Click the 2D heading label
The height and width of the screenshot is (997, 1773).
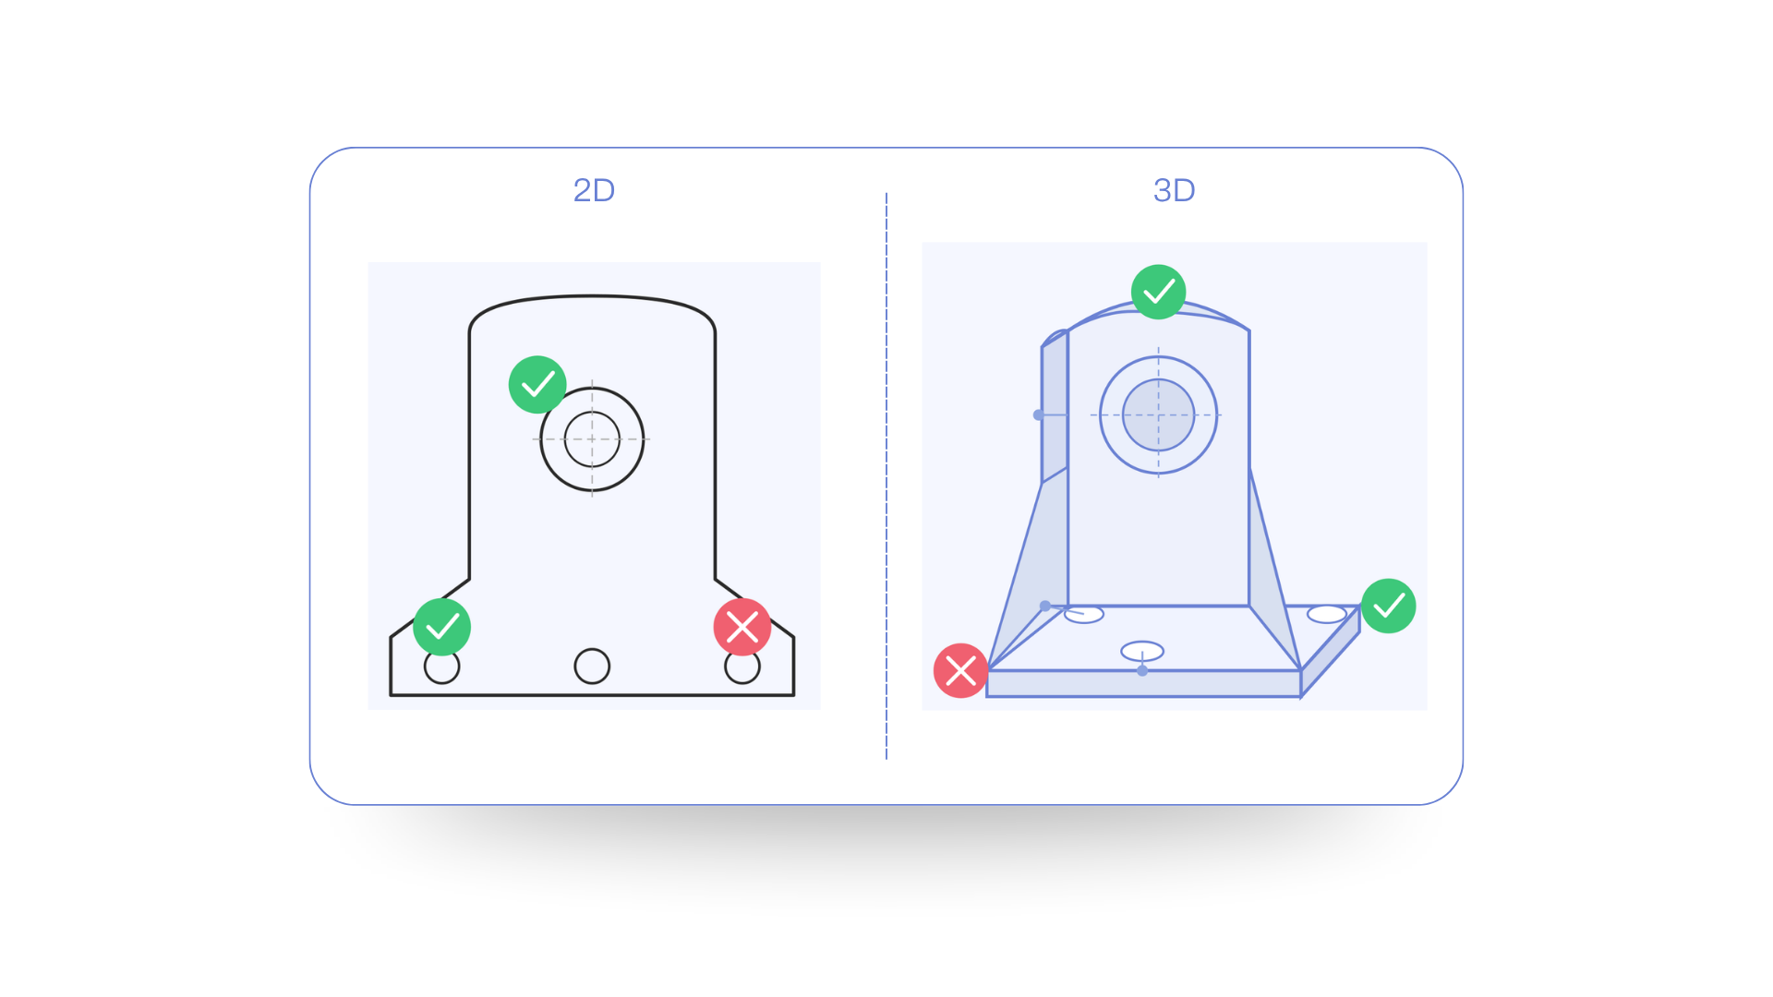point(594,190)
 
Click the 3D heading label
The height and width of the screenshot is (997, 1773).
point(1174,190)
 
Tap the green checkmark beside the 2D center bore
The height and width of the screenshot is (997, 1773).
point(537,384)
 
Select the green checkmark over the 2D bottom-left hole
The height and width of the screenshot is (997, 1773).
point(441,627)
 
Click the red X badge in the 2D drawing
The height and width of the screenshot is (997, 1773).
point(742,627)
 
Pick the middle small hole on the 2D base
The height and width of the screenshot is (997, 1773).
point(592,666)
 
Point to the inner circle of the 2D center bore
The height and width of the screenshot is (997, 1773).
point(592,439)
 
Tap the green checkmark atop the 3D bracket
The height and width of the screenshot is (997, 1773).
point(1159,292)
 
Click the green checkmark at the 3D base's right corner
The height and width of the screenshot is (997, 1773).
point(1389,606)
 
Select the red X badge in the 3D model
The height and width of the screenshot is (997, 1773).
point(960,670)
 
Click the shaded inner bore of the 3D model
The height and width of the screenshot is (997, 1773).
point(1159,415)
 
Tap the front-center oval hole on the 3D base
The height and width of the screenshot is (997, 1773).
point(1142,651)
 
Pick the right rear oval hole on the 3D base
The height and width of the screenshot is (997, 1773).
point(1327,614)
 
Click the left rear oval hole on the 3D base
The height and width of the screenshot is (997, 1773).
point(1084,615)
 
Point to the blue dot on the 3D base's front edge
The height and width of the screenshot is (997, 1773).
point(1142,671)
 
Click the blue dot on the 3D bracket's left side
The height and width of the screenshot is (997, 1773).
point(1039,415)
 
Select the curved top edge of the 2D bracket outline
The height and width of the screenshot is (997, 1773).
point(592,296)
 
